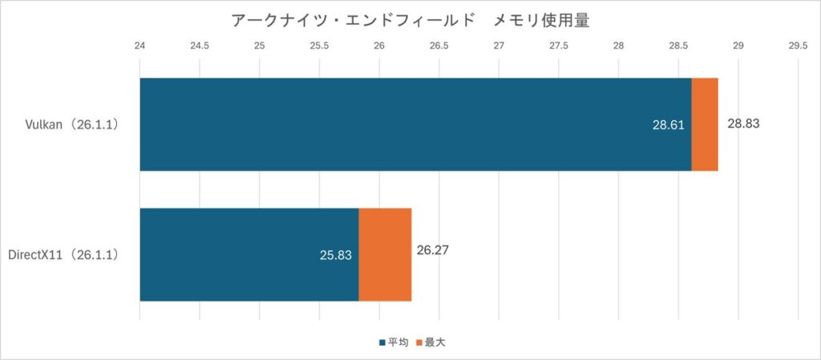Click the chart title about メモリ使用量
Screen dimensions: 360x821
point(410,21)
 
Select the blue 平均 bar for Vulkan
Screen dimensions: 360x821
point(401,124)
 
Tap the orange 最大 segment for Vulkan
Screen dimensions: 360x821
point(705,124)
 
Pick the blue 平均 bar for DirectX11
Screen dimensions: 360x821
point(241,255)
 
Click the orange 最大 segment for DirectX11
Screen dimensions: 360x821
point(385,255)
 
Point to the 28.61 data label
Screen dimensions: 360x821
point(669,126)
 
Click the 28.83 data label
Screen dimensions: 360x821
point(743,124)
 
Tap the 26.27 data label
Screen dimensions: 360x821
point(432,249)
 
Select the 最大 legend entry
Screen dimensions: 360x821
point(434,342)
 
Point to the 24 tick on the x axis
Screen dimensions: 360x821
point(140,46)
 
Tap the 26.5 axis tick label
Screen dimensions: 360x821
point(439,46)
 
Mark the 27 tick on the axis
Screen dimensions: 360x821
point(499,46)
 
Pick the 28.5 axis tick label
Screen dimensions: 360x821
point(677,46)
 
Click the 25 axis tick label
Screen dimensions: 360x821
point(260,46)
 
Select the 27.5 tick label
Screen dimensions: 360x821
point(558,46)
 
